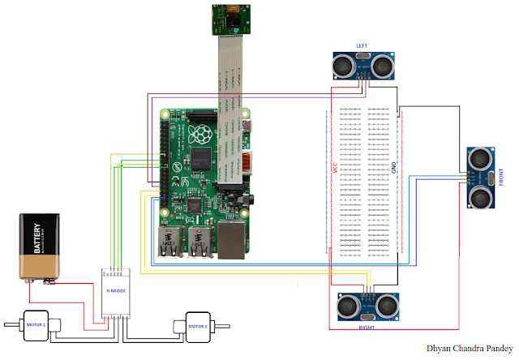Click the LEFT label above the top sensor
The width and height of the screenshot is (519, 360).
(362, 45)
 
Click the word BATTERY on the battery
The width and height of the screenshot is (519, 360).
(35, 240)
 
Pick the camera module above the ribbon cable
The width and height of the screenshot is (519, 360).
(228, 19)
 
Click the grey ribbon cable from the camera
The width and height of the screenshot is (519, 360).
(229, 73)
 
